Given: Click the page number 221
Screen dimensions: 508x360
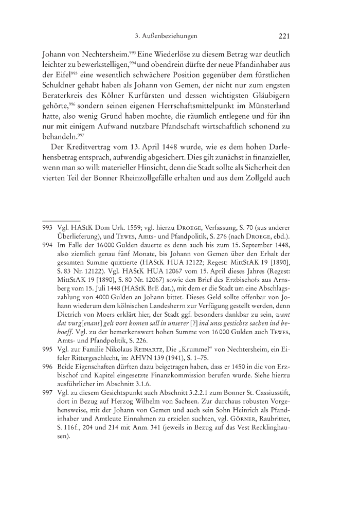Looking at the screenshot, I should [x=285, y=36].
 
